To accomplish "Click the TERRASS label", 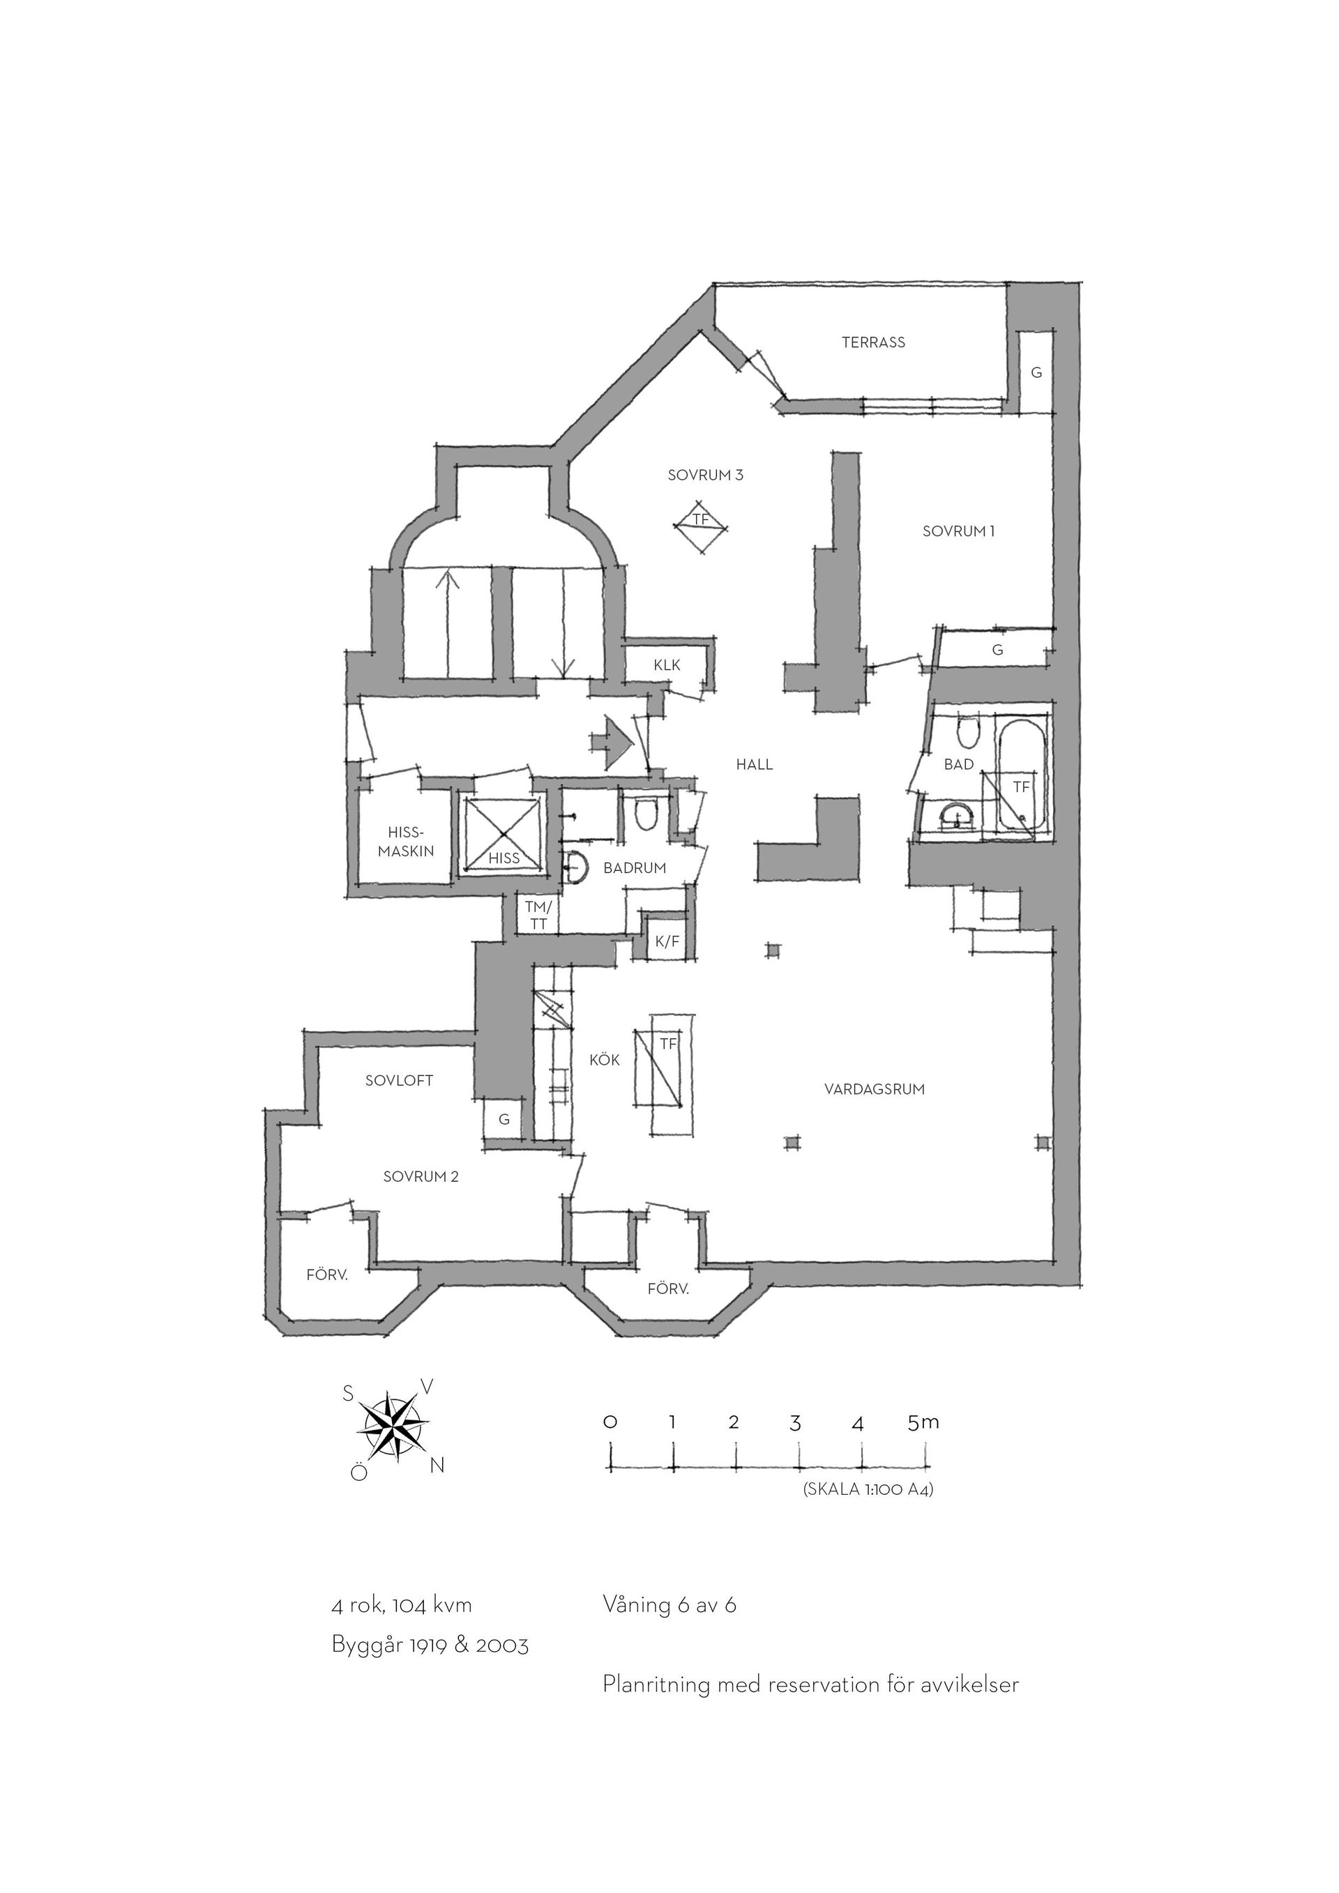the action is (x=873, y=342).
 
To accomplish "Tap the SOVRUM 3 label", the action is (x=706, y=475).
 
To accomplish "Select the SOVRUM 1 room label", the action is (x=959, y=532).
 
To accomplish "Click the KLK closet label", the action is (x=667, y=664).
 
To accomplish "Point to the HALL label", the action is (x=755, y=765).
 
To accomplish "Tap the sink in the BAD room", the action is (x=958, y=817).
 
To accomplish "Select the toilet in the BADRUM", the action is (x=646, y=814).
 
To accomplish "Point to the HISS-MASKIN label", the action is (x=406, y=842).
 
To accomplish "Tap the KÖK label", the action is (x=605, y=1060).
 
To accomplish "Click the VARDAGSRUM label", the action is (x=875, y=1089).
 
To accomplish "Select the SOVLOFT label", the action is (x=399, y=1081).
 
